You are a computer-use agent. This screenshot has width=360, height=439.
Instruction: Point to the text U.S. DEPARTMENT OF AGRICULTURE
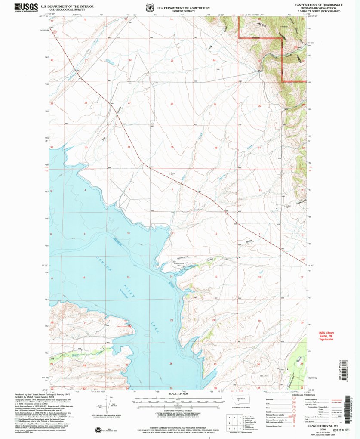(x=184, y=8)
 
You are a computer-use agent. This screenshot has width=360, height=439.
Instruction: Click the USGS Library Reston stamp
(x=326, y=336)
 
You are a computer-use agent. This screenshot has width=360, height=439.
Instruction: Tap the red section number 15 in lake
(x=128, y=277)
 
